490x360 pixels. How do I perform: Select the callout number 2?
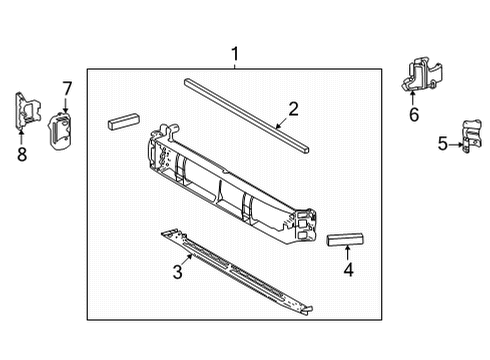[293, 108]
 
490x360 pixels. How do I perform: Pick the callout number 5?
[444, 143]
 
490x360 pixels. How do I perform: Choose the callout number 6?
[413, 115]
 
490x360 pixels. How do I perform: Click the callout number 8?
[20, 153]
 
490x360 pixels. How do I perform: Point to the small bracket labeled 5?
[466, 137]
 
